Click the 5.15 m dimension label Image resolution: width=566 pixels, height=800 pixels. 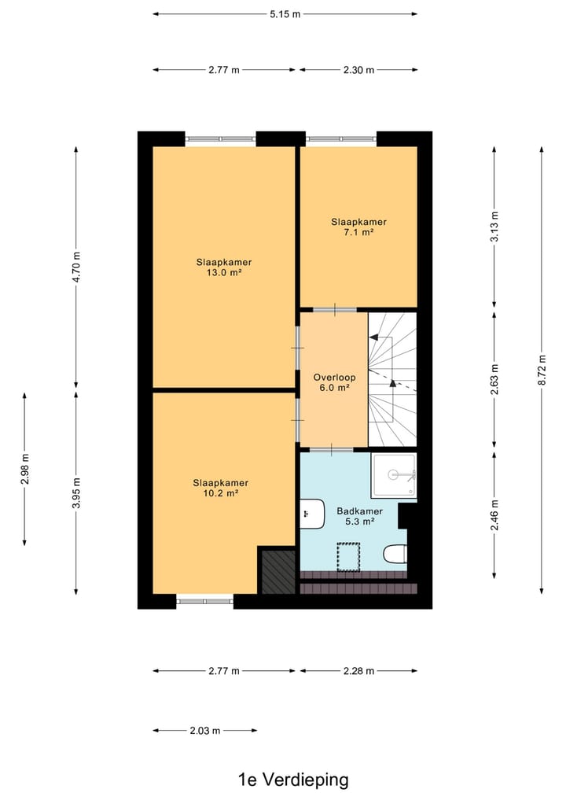[x=285, y=13]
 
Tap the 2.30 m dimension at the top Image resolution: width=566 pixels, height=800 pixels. [x=358, y=70]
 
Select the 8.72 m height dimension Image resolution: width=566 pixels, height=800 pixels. [x=542, y=371]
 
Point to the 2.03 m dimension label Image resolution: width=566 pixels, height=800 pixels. [x=205, y=730]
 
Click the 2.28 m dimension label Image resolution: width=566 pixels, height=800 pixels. [x=358, y=671]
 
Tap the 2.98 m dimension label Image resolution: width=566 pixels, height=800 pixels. [x=25, y=469]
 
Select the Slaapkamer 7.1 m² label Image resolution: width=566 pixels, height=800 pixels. [x=358, y=227]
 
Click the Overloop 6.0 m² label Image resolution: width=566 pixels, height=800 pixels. [x=334, y=382]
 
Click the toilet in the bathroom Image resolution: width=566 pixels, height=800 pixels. [x=395, y=555]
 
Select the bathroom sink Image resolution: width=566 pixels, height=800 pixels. [x=313, y=514]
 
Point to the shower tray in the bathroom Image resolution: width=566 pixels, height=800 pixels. [x=395, y=475]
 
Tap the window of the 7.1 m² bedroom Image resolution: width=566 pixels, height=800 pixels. [x=342, y=139]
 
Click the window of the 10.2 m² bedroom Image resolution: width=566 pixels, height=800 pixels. [x=204, y=602]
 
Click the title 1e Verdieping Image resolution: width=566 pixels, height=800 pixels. [x=293, y=780]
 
